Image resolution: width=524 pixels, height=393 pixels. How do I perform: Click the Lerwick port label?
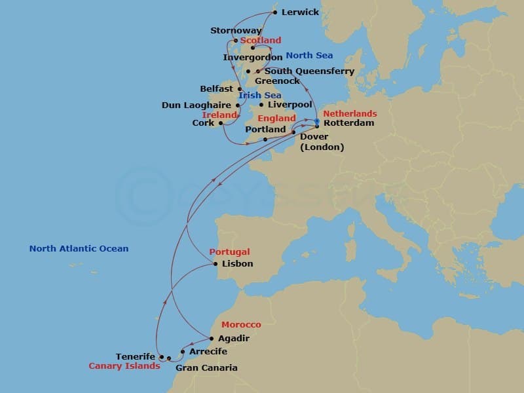pos(301,12)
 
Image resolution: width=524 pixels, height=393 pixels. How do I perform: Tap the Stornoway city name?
pos(236,31)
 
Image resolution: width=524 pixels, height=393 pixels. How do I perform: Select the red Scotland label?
pos(261,41)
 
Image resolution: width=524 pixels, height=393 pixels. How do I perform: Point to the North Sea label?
pos(308,56)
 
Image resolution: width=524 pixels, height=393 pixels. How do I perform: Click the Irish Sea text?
pos(260,96)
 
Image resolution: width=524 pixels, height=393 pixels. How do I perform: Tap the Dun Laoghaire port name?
pos(196,105)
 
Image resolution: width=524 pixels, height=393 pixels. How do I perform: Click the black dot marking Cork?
pos(220,123)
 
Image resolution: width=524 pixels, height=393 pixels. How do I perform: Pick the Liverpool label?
pos(290,105)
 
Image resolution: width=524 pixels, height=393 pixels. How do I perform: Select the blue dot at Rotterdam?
pos(316,121)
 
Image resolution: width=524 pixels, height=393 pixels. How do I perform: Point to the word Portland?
pos(265,130)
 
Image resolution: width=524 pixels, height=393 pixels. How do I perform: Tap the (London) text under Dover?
pos(322,147)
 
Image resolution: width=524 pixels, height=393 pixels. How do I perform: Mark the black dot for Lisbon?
pos(215,264)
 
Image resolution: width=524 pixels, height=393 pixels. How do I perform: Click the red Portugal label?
pos(229,252)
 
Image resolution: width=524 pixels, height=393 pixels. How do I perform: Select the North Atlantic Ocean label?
pos(79,249)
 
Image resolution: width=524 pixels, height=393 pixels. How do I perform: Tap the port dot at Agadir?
pos(210,339)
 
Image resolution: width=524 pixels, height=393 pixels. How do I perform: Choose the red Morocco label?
pos(241,325)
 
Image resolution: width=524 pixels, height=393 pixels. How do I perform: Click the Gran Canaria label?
pos(206,368)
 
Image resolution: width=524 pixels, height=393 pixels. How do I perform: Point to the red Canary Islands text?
pos(124,366)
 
